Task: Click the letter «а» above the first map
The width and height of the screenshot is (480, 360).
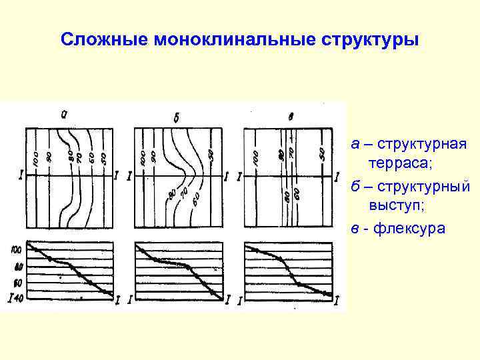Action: (x=64, y=114)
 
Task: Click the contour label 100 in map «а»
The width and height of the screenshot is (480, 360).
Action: (x=35, y=158)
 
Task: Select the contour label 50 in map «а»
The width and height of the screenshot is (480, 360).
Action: (x=103, y=158)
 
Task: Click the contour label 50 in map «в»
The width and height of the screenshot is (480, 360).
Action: (x=321, y=153)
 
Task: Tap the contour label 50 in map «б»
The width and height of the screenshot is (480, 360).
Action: (x=211, y=154)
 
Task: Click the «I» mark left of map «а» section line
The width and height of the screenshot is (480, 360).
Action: (x=21, y=175)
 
